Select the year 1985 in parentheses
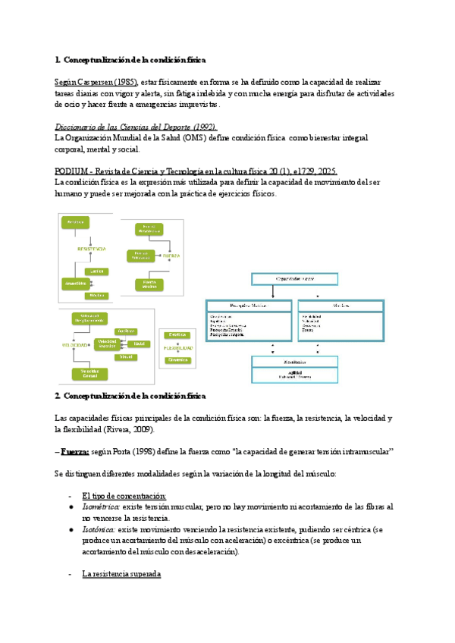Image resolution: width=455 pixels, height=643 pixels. coord(127,81)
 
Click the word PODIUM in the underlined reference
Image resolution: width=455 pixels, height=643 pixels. coord(76,172)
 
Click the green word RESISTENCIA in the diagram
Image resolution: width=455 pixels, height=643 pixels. coord(92,249)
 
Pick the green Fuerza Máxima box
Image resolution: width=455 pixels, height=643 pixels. coord(149,284)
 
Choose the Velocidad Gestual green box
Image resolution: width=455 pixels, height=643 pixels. coord(90,373)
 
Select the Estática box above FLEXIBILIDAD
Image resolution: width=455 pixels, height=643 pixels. coord(177,334)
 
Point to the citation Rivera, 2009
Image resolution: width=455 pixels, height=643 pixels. coord(155,429)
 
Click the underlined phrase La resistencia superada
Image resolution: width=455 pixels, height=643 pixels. coord(121,575)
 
